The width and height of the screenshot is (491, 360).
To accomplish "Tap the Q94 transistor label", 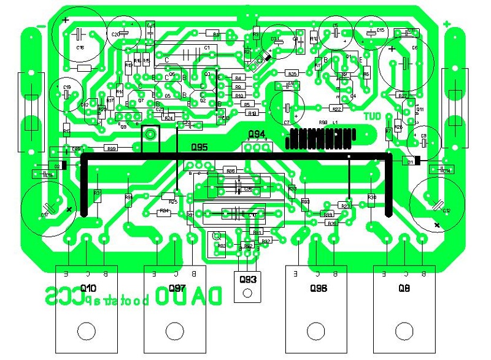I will tap(257, 134).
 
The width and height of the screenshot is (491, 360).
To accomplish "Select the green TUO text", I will tap(373, 115).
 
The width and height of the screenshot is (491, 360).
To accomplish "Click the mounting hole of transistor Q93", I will tap(247, 293).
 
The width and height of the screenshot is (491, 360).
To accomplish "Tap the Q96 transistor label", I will tap(319, 288).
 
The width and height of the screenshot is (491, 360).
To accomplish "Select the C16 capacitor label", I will tap(80, 47).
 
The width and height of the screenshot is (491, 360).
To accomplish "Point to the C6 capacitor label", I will tap(414, 47).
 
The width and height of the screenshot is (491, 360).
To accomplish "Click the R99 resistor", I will tap(111, 148).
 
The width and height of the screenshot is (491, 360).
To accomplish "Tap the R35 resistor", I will tap(292, 74).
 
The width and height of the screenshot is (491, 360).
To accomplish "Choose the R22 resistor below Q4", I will tap(337, 109).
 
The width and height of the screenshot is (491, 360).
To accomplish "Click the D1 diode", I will tap(409, 161).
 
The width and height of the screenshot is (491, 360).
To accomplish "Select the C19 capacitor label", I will tap(67, 87).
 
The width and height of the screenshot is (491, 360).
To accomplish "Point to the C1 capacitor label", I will tap(207, 48).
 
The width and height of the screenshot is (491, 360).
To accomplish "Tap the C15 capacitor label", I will tap(380, 29).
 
